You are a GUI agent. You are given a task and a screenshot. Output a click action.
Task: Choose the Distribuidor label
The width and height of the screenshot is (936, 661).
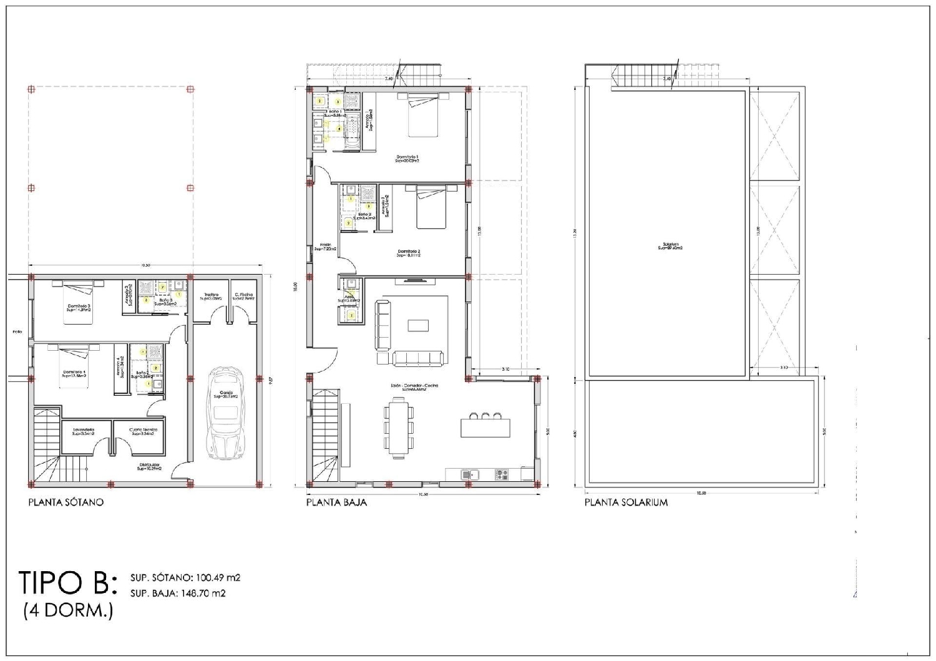(150, 466)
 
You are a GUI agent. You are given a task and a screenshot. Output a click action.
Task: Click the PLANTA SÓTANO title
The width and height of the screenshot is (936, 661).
(66, 502)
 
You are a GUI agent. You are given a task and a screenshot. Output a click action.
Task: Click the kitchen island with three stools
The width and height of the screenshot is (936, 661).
(485, 428)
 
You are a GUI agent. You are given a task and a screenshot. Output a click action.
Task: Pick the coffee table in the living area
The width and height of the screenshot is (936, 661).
(418, 325)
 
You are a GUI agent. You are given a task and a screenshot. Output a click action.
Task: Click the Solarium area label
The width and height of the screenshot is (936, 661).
(669, 246)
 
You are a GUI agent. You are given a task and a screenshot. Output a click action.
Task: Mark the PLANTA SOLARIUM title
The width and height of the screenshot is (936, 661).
(626, 502)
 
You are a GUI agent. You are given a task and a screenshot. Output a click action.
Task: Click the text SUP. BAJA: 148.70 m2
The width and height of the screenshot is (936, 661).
(178, 594)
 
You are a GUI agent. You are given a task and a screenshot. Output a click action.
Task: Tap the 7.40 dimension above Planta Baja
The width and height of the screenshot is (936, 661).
(389, 79)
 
